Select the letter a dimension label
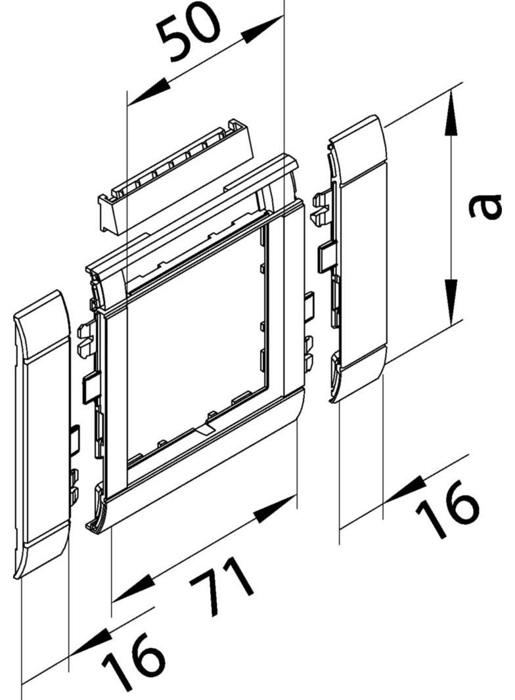[x=485, y=206]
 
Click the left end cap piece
[x=41, y=433]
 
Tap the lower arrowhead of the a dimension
[x=450, y=299]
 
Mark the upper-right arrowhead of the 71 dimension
[x=277, y=508]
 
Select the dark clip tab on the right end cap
[x=325, y=256]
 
